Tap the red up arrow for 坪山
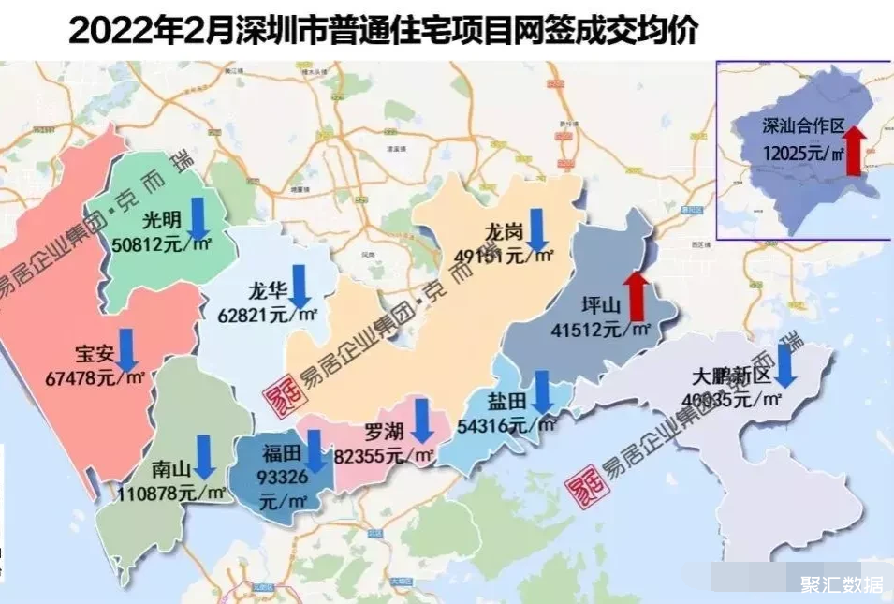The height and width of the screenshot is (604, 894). pos(638,294)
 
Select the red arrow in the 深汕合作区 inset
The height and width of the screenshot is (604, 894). pos(853,152)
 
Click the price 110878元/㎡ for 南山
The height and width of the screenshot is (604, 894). pos(172,492)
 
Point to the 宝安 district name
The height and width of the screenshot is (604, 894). pos(93,356)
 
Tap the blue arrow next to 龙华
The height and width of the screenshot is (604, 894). pos(300,286)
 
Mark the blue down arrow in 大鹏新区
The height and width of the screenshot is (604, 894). pos(785,364)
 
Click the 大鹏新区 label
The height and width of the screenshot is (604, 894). pos(730,377)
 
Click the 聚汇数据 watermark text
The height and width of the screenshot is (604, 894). pos(840,584)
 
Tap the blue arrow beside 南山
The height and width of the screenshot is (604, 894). pos(203,457)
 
